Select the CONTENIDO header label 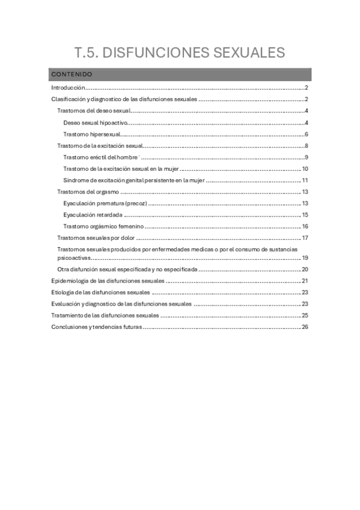[x=72, y=75]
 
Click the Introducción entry [x=69, y=88]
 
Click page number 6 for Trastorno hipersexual [x=306, y=134]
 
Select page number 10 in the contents [x=305, y=169]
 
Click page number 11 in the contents [x=305, y=180]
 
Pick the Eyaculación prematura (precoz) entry [x=105, y=203]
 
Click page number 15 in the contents [x=305, y=215]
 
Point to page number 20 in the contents [x=305, y=269]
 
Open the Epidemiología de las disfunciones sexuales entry [x=108, y=281]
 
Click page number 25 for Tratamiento [x=305, y=315]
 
